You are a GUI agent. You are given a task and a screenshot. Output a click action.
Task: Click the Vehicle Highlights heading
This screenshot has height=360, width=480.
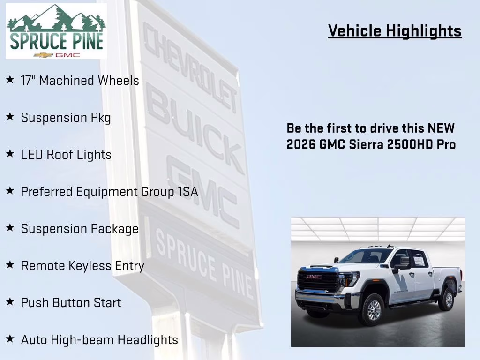coord(395,31)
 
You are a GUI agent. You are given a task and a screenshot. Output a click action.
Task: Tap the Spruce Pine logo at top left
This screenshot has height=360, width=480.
coord(56,31)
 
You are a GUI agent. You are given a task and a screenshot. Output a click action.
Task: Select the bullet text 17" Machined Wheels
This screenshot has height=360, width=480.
coord(80,81)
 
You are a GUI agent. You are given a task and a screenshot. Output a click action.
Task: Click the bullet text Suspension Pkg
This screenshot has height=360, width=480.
coord(66,118)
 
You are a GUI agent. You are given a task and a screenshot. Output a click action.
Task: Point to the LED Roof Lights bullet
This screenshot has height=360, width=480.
coord(66,155)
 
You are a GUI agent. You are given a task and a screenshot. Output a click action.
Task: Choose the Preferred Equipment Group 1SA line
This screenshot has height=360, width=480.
coord(109,192)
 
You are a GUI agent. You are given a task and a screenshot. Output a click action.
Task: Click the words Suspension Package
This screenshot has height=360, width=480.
coord(80,229)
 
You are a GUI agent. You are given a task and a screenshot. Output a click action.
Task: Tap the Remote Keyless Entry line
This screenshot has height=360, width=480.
coord(82,266)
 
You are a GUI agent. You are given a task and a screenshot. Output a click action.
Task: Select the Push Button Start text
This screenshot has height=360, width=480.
coord(71,303)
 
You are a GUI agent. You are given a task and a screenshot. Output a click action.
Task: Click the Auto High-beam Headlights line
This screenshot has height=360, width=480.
coord(99,340)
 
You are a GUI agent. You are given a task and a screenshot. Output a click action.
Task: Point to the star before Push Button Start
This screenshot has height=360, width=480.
coord(10,302)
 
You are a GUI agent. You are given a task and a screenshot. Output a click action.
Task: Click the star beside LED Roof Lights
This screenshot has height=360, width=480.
coord(10,154)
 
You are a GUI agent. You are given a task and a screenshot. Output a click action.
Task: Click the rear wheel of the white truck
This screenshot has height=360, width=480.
coord(447,299)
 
